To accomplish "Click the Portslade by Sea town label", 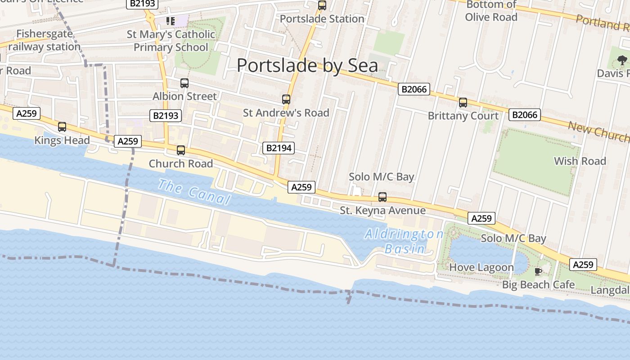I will click(x=307, y=66).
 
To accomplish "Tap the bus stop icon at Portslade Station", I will click(x=322, y=5).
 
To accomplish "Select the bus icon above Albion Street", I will click(x=184, y=83).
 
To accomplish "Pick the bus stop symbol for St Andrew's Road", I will click(x=286, y=99).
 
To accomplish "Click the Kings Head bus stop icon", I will click(x=62, y=127).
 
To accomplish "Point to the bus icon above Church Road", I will click(x=181, y=150).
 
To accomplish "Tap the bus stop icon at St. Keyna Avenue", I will click(x=382, y=197).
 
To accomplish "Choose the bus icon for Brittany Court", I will click(x=463, y=103).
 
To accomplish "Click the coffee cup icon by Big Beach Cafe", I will click(x=538, y=271).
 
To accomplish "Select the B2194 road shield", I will click(x=279, y=148).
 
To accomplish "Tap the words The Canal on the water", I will click(x=194, y=192).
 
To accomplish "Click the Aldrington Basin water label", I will click(x=404, y=241).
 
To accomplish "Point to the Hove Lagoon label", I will click(x=481, y=267).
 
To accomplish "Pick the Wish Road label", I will click(x=580, y=161).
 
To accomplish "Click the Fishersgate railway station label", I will click(x=44, y=40).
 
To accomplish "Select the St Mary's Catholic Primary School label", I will click(x=171, y=41).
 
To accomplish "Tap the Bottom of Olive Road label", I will click(x=491, y=11).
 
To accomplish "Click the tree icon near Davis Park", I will click(x=622, y=60).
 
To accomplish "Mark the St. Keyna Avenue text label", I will click(x=382, y=211).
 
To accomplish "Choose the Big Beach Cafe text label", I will click(x=538, y=285).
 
